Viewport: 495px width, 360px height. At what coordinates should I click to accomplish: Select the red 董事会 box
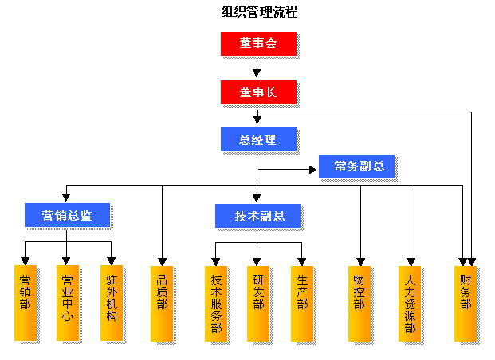click(x=258, y=43)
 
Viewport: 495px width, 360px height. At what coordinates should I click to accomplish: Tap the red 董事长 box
click(x=258, y=92)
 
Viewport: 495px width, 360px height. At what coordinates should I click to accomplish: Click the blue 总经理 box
click(x=258, y=139)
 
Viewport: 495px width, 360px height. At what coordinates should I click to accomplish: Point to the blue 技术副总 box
click(x=257, y=214)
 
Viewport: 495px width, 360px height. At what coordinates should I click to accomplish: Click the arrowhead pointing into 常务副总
click(x=314, y=169)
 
